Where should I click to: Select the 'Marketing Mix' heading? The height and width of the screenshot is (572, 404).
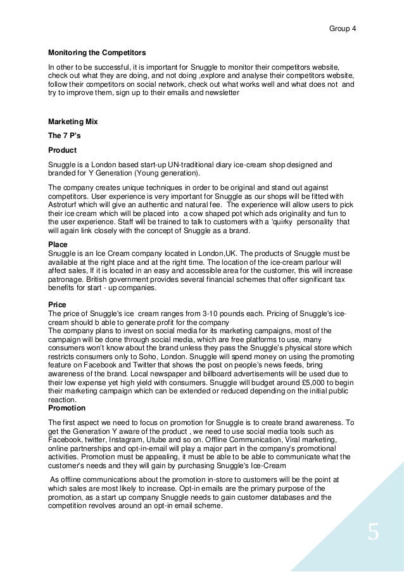tap(73, 121)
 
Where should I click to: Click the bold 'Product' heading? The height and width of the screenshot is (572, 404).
tap(62, 150)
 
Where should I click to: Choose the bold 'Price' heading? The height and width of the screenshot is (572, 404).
tap(58, 305)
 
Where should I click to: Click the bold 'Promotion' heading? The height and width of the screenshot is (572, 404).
tap(68, 408)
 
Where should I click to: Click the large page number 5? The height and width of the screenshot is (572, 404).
tap(373, 532)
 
